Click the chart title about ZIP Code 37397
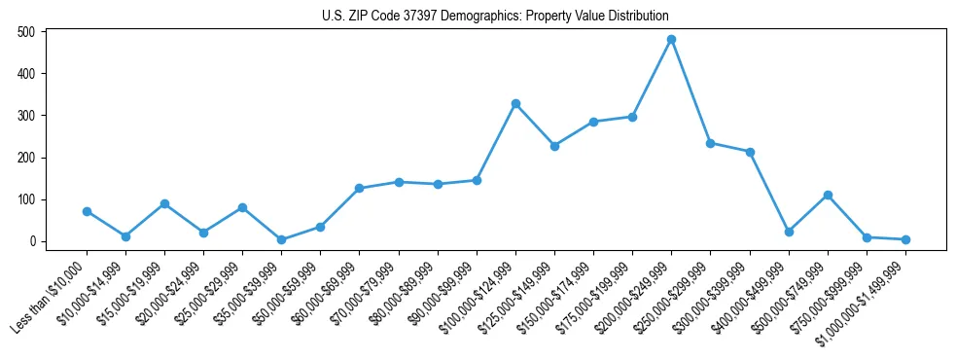[x=495, y=17]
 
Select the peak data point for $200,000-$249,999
[x=671, y=40]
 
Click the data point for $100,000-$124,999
[x=515, y=103]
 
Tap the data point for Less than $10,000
[x=87, y=211]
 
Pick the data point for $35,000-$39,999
[x=281, y=239]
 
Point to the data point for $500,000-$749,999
[x=828, y=196]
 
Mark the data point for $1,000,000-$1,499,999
[x=905, y=239]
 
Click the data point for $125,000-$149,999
[x=554, y=146]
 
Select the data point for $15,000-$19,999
[x=164, y=203]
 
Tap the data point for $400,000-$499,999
[x=789, y=232]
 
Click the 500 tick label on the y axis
[x=26, y=32]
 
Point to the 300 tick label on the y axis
[x=26, y=116]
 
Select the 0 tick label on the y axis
[x=32, y=241]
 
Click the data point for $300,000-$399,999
[x=750, y=152]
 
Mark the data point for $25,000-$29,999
[x=242, y=207]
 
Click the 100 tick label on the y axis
[x=26, y=199]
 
